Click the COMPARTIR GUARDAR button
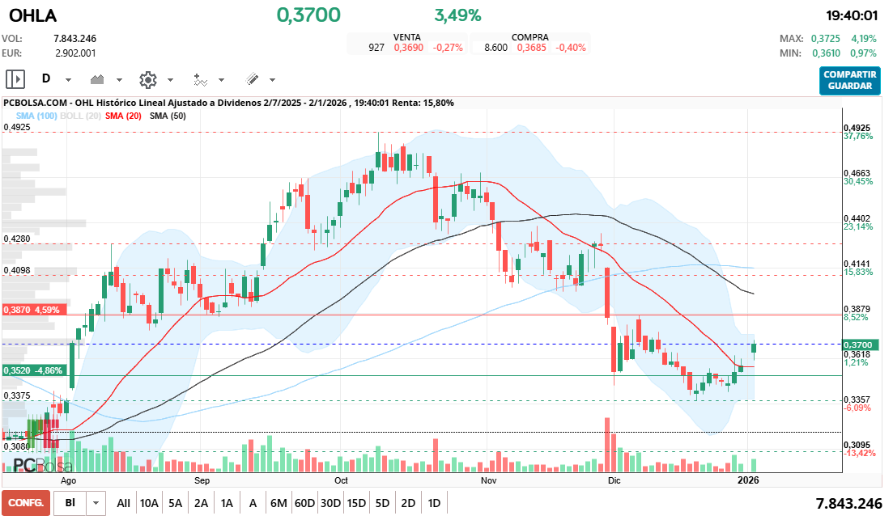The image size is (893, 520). [x=849, y=80]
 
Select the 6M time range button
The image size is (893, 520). [x=279, y=503]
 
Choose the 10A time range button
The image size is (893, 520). [x=149, y=503]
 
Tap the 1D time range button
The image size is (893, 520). [x=434, y=503]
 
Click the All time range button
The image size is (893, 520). [x=123, y=503]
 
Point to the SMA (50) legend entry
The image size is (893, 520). [x=168, y=116]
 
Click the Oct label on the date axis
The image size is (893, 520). [x=341, y=480]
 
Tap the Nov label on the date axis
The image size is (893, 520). [x=487, y=480]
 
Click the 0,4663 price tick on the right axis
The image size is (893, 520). [x=857, y=173]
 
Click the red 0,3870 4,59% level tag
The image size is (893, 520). [x=32, y=310]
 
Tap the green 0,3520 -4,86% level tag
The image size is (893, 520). [x=32, y=370]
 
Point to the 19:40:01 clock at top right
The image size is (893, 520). [x=852, y=15]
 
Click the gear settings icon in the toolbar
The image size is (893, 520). [x=147, y=79]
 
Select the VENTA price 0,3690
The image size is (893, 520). [x=409, y=48]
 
